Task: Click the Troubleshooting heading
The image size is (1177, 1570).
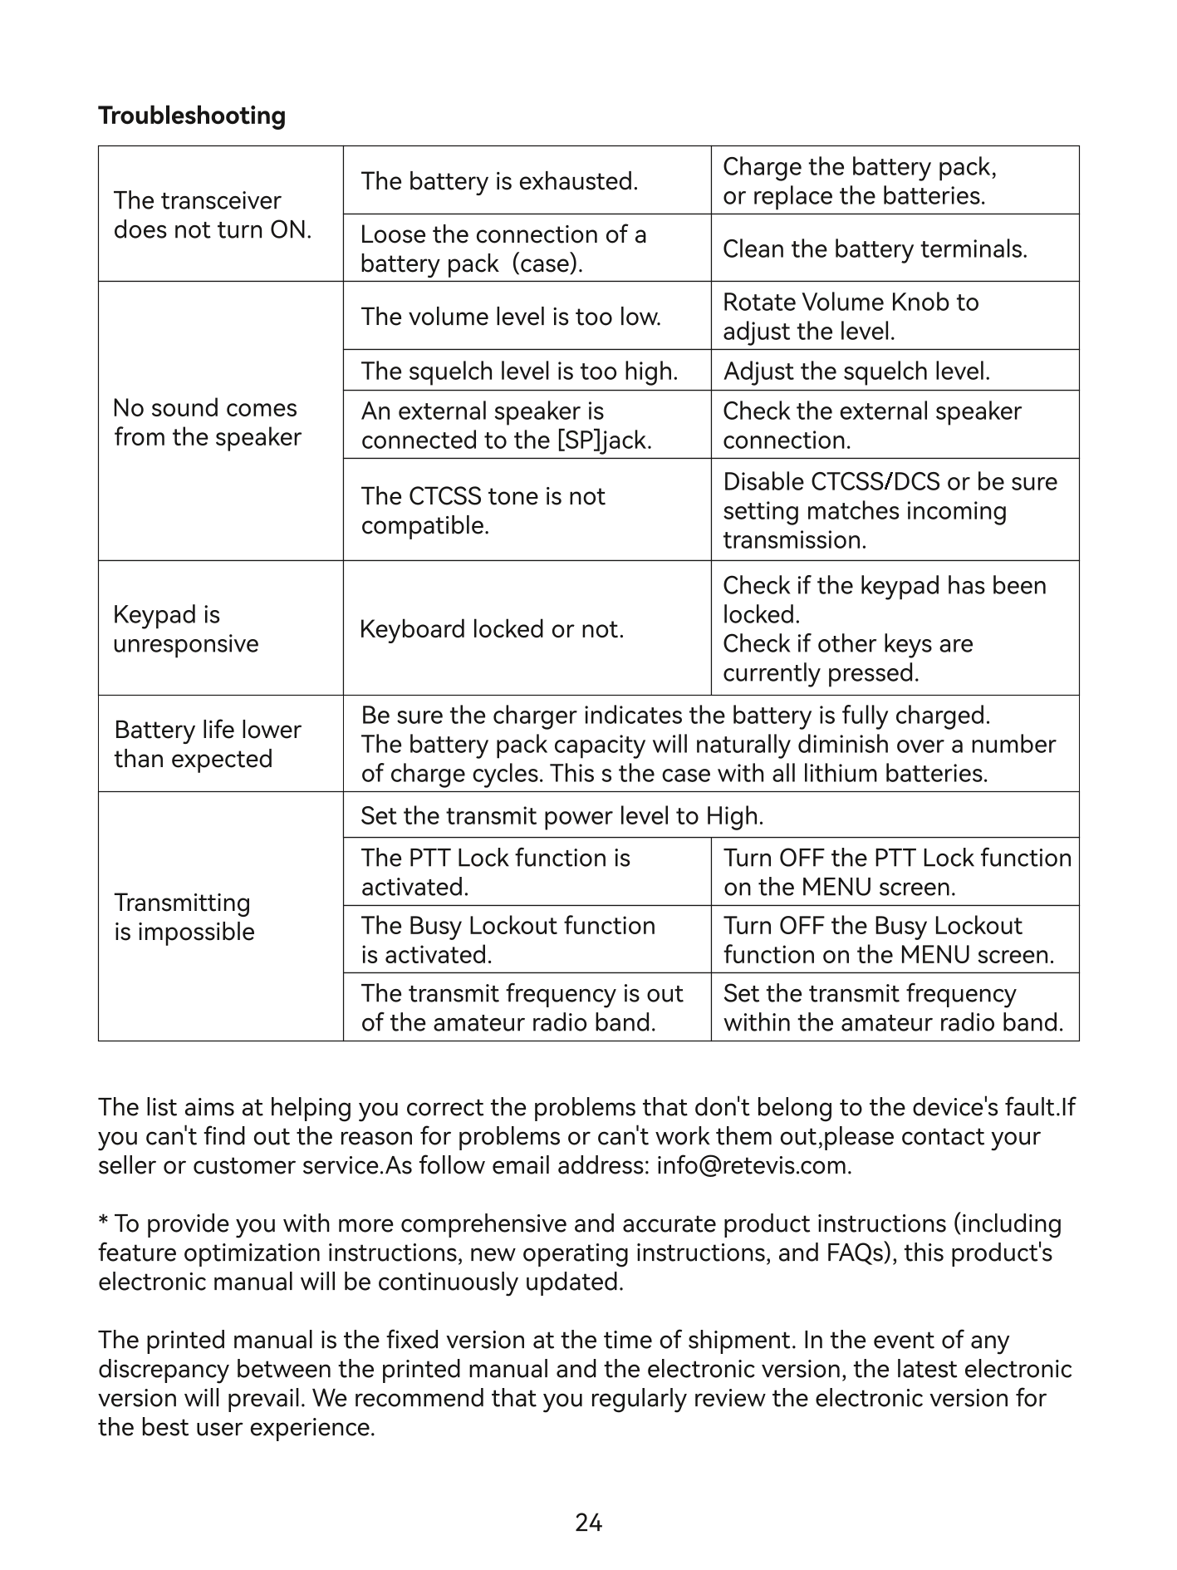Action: tap(192, 116)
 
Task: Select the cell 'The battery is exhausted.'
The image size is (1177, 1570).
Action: tap(499, 181)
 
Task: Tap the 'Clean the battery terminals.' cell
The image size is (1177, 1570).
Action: tap(875, 249)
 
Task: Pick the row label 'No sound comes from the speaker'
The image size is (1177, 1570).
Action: tap(207, 422)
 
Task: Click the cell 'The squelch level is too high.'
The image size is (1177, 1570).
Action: tap(519, 371)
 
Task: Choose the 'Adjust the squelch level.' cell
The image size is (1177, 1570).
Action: tap(856, 371)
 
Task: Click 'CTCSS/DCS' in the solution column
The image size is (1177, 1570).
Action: tap(875, 482)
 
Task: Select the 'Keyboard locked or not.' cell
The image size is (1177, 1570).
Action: tap(492, 629)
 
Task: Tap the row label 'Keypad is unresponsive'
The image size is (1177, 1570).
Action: tap(186, 629)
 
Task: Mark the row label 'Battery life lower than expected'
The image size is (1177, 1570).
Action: tap(207, 744)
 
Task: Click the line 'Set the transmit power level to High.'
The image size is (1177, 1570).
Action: tap(562, 816)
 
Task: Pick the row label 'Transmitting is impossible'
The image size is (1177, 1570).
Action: tap(184, 917)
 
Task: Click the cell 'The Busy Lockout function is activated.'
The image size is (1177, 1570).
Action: tap(508, 940)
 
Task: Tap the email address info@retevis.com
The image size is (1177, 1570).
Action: tap(752, 1165)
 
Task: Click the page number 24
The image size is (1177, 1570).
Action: tap(588, 1523)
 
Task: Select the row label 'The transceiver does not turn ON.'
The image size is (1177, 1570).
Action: tap(213, 215)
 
